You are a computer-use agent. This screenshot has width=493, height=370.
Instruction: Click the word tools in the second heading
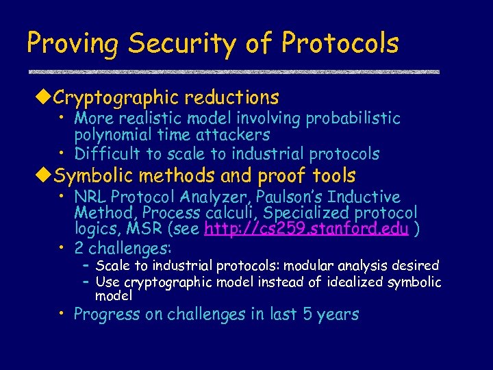331,175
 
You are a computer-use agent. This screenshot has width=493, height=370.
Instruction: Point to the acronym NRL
90,197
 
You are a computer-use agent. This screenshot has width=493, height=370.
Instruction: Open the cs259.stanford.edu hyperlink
306,230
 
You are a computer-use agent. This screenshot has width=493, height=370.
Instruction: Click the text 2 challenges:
123,247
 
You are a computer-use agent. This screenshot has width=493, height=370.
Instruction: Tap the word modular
312,265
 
